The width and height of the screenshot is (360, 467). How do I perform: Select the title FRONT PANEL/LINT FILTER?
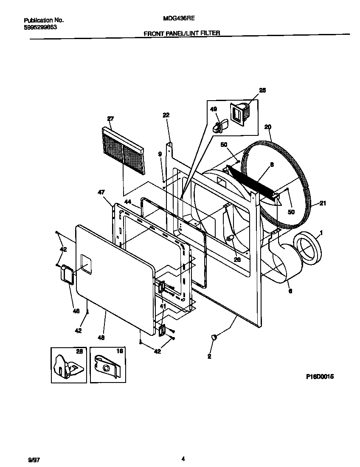tap(182, 33)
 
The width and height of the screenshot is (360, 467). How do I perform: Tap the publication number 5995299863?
tap(40, 27)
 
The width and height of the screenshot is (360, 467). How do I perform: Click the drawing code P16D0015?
tap(319, 376)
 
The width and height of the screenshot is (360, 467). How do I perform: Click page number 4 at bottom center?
tap(183, 459)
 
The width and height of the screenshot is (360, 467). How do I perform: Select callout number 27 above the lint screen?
tap(110, 119)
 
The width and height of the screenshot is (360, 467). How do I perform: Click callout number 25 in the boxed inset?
tap(262, 90)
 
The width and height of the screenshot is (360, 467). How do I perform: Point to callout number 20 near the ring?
tap(267, 127)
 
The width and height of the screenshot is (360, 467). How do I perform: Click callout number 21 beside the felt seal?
tap(323, 203)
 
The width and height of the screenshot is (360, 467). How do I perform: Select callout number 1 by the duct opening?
tap(321, 233)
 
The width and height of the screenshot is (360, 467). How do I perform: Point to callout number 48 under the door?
tap(101, 338)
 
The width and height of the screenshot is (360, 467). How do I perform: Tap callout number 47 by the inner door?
tap(101, 193)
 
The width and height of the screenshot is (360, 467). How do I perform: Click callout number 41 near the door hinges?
tap(163, 306)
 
